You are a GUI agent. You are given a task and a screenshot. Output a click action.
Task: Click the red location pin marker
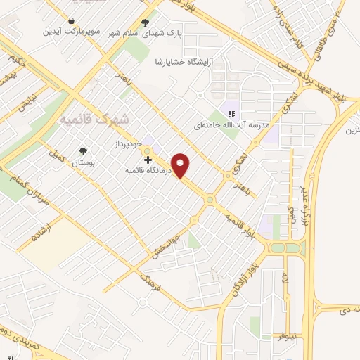tap(181, 165)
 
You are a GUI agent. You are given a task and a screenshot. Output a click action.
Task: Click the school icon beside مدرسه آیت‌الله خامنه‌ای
tap(230, 113)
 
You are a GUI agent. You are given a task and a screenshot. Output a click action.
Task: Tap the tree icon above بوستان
tap(84, 151)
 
